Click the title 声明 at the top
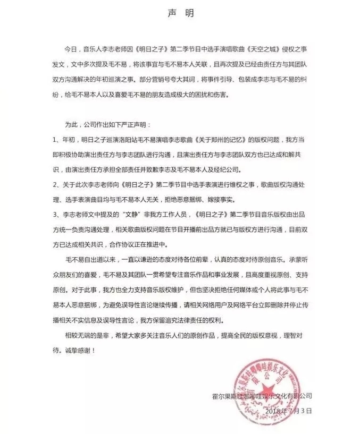[179, 11]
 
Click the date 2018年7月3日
[290, 411]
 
